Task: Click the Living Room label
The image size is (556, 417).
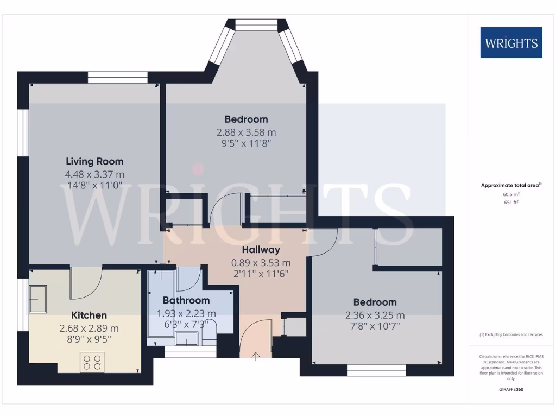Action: (94, 161)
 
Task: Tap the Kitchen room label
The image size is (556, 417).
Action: (89, 315)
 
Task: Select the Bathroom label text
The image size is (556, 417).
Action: (186, 300)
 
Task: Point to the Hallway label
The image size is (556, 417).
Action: (261, 250)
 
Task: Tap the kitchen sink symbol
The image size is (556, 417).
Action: (37, 299)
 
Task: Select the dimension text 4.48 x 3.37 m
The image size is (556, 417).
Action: (94, 174)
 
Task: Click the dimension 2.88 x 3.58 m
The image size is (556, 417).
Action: (246, 132)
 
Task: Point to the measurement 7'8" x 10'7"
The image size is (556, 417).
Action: (375, 328)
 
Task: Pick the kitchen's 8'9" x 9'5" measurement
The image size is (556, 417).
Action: (89, 341)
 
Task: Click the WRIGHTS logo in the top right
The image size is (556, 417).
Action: (511, 42)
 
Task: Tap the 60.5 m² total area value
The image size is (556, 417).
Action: (511, 194)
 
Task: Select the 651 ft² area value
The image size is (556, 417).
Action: (511, 202)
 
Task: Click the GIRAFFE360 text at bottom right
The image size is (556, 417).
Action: (511, 389)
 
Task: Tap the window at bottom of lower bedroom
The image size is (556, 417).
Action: (377, 371)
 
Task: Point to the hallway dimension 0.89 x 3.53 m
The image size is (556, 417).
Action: (261, 263)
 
